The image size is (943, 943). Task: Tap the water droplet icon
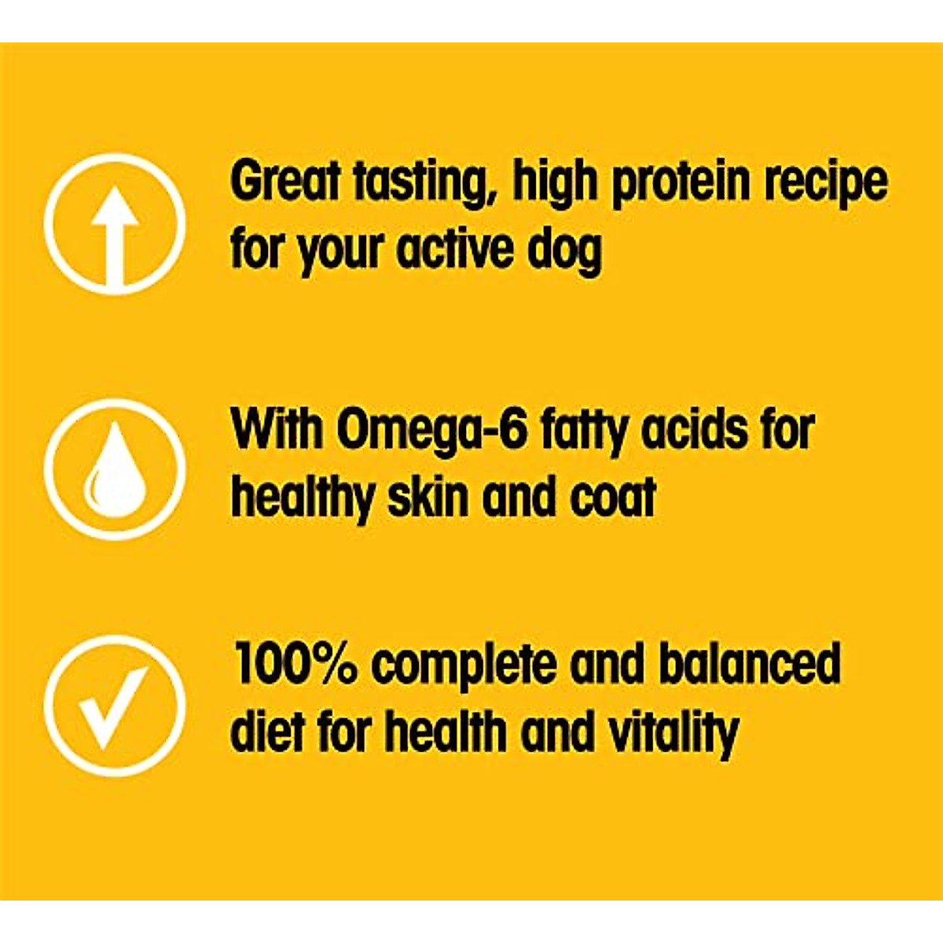(x=115, y=469)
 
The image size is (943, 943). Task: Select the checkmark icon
(x=115, y=706)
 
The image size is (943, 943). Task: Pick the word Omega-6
(x=431, y=431)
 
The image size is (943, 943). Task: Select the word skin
(x=428, y=497)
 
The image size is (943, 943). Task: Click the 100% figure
(x=295, y=664)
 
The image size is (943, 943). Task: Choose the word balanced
(x=749, y=664)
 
